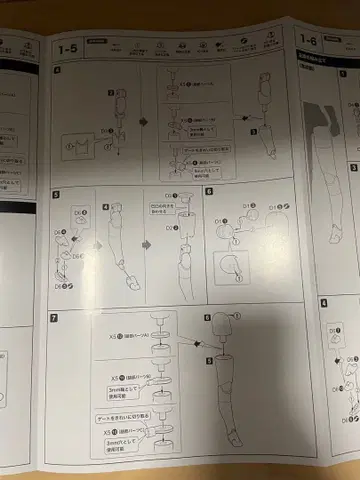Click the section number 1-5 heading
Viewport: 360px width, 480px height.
pyautogui.click(x=69, y=46)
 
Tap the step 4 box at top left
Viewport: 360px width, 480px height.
pyautogui.click(x=57, y=70)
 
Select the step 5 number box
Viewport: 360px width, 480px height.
pyautogui.click(x=57, y=194)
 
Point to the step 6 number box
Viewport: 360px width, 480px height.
pyautogui.click(x=209, y=190)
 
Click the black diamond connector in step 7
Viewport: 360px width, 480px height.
pyautogui.click(x=186, y=345)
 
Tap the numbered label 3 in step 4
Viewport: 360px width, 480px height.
pyautogui.click(x=253, y=131)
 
